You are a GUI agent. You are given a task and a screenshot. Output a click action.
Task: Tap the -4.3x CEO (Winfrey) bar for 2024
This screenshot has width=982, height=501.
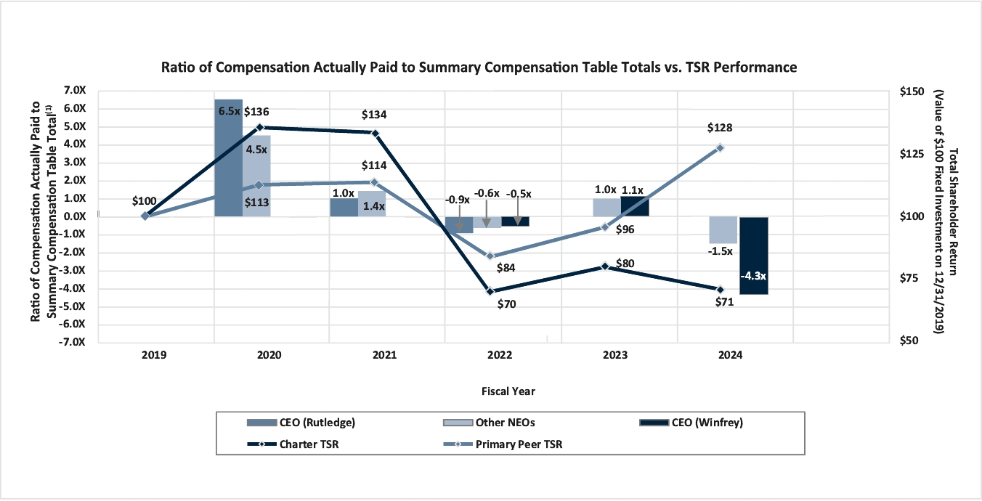pos(754,255)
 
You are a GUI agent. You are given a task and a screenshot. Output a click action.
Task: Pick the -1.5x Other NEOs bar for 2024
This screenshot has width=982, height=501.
pos(722,229)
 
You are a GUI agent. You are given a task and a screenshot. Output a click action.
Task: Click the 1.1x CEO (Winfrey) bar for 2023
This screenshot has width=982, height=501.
pos(634,206)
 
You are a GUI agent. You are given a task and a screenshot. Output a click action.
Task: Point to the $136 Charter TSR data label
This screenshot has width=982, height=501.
pos(257,112)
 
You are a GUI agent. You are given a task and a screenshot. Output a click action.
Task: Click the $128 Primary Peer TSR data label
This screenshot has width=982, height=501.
pos(719,128)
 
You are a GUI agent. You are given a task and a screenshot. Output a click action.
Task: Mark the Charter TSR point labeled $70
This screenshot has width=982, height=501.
pos(490,291)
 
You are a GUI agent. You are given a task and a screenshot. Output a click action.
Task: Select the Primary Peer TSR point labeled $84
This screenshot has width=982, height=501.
pos(490,256)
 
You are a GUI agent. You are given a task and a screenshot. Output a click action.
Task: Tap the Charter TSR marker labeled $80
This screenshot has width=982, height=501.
pos(605,266)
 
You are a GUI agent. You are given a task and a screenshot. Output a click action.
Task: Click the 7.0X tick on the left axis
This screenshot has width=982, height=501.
pos(74,91)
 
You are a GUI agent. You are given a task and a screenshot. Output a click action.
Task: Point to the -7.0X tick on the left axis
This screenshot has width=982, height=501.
pos(73,342)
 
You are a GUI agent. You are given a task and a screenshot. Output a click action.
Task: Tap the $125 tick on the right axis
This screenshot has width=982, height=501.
pos(914,155)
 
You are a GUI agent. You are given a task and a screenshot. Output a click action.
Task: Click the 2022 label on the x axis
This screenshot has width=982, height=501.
pos(500,356)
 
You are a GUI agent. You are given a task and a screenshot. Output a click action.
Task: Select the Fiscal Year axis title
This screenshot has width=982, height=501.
pos(508,391)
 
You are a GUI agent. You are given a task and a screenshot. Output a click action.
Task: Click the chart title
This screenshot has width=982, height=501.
pos(479,68)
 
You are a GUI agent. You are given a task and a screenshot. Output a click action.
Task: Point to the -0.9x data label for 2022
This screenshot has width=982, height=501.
pos(456,200)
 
